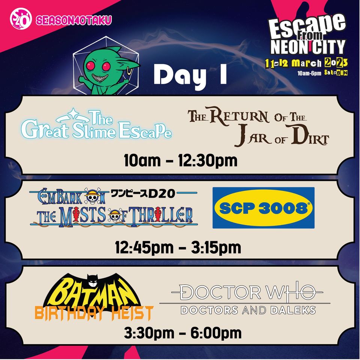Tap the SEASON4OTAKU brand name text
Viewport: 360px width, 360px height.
pos(74,20)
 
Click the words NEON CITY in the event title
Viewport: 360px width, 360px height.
pos(307,46)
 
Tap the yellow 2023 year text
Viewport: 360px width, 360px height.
pos(336,62)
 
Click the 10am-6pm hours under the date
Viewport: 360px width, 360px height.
pos(309,73)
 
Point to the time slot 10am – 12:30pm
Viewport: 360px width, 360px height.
pos(180,160)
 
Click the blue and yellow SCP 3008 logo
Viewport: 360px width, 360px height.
pos(264,208)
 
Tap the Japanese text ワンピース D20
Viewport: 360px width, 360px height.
pos(143,193)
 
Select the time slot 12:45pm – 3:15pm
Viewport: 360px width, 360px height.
pos(178,247)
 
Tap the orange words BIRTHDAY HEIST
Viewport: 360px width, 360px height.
pos(94,313)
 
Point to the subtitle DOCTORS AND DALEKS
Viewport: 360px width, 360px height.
pos(248,310)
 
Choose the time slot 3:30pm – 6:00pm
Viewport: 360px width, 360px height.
pos(183,333)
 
